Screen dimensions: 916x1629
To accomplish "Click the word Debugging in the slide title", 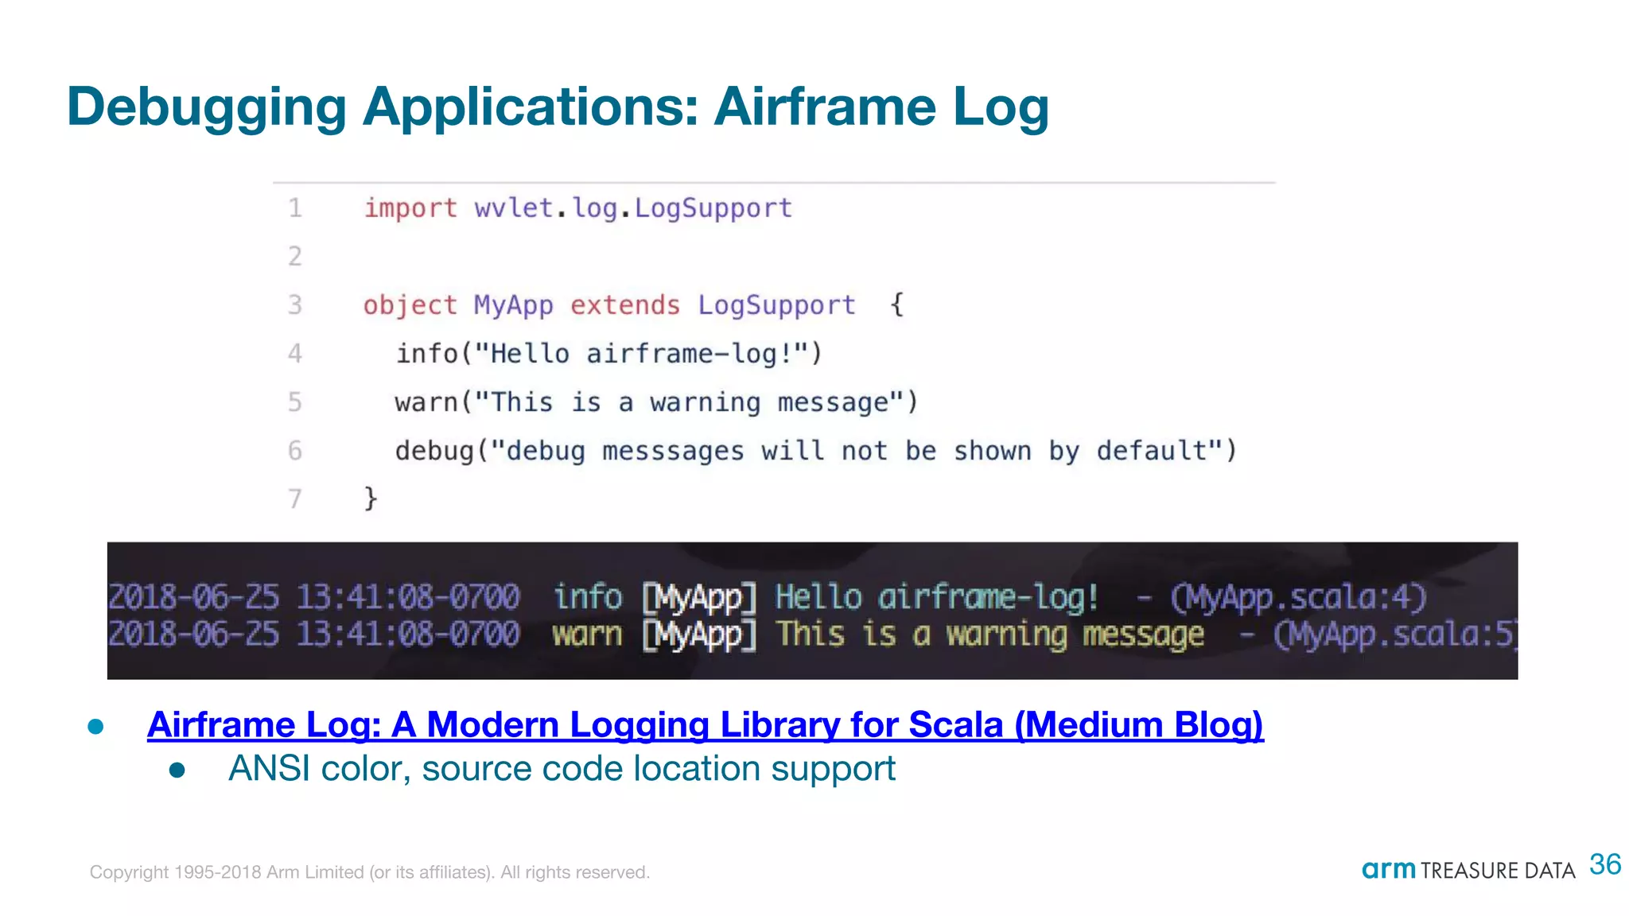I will click(x=207, y=108).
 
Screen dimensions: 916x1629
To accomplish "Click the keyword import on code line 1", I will click(x=410, y=208).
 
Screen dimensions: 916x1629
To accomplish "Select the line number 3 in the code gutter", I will click(x=295, y=305).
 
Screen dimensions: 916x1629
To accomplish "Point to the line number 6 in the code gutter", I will click(x=295, y=451).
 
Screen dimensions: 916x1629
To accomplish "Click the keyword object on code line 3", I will click(x=410, y=305).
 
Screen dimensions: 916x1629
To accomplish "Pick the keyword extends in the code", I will click(x=625, y=305).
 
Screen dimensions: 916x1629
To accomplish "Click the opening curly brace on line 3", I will click(x=896, y=305).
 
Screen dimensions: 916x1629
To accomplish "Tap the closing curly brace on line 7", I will click(x=370, y=499).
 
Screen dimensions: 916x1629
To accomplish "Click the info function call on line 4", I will click(x=427, y=354).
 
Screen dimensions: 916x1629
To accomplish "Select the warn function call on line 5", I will click(x=426, y=402).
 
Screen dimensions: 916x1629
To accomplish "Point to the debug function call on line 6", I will click(x=434, y=451).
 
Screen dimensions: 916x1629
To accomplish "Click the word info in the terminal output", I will click(x=588, y=596).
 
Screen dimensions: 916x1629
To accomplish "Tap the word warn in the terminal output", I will click(x=587, y=635).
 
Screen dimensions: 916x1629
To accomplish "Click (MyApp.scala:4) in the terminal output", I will click(x=1298, y=597).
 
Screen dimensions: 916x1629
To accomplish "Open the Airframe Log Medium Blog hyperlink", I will click(x=705, y=725).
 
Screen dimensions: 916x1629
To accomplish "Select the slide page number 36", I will click(x=1605, y=864).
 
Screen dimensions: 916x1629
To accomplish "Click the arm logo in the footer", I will click(x=1388, y=870).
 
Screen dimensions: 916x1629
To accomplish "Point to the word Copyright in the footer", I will click(x=129, y=872).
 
